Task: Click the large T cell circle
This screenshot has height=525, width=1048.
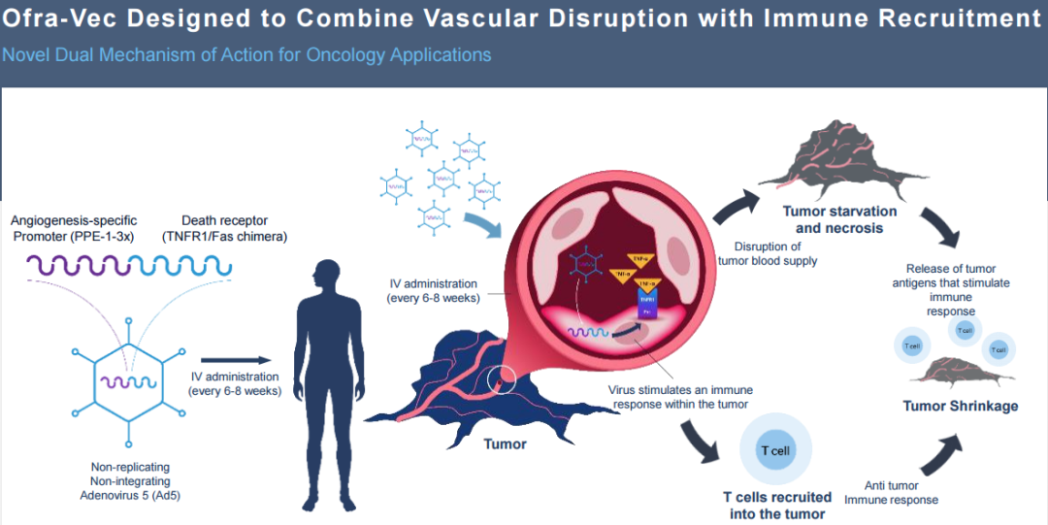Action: pyautogui.click(x=773, y=451)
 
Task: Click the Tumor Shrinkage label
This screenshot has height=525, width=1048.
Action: pyautogui.click(x=961, y=406)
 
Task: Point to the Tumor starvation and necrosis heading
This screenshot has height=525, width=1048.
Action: pyautogui.click(x=839, y=219)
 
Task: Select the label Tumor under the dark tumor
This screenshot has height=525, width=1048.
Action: pyautogui.click(x=505, y=443)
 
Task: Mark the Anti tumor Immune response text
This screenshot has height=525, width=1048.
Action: pyautogui.click(x=891, y=492)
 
